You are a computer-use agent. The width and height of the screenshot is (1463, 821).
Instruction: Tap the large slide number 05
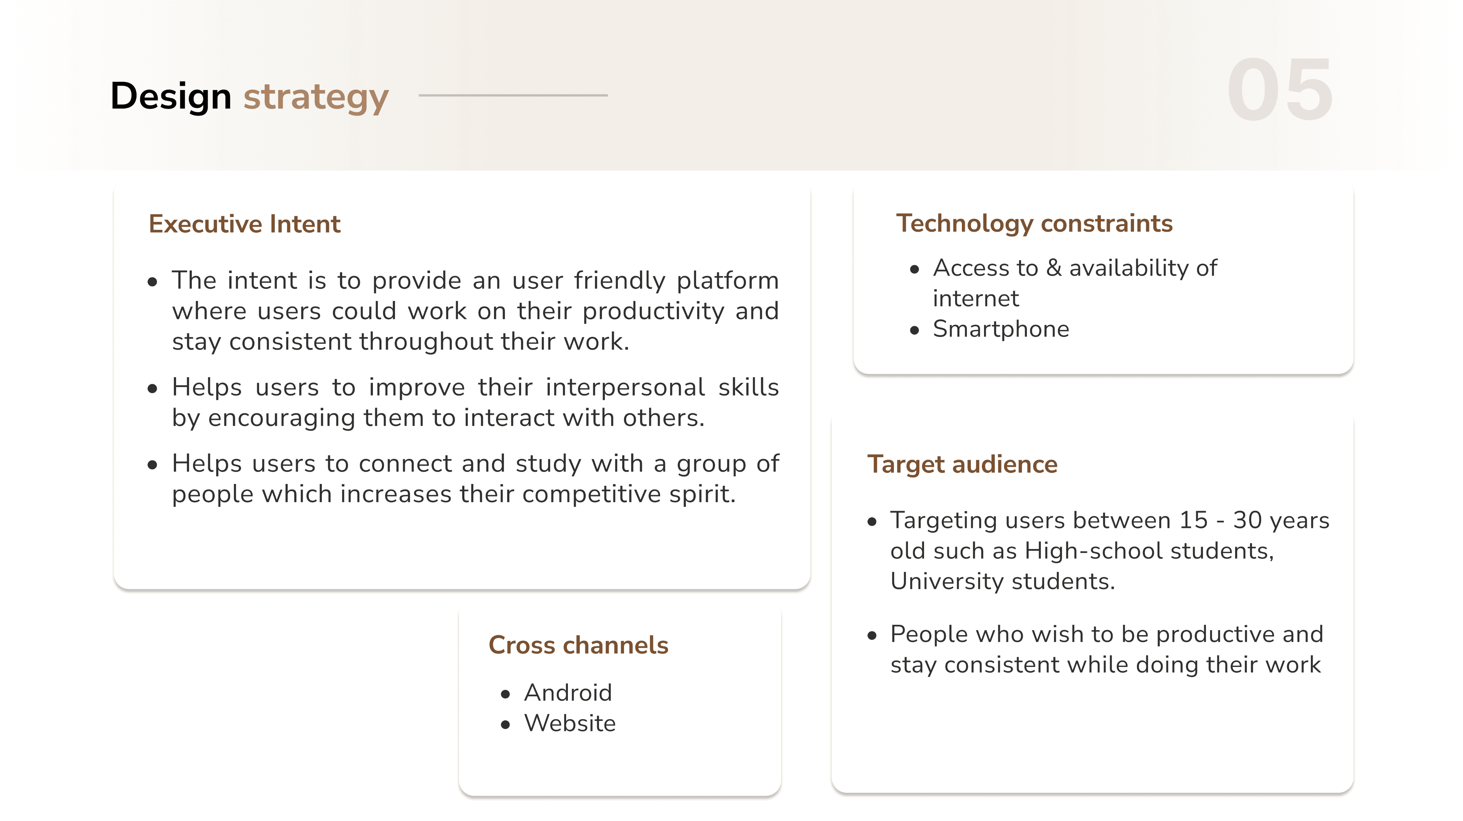tap(1279, 90)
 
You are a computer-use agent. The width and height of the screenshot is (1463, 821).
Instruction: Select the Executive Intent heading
tap(245, 224)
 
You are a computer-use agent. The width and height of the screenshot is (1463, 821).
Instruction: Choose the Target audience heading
tap(963, 465)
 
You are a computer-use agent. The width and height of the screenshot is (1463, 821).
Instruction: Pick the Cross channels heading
tap(579, 645)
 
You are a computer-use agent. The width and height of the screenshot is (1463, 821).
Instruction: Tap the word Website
tap(570, 723)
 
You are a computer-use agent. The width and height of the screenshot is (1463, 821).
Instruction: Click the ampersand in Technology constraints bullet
tap(1054, 268)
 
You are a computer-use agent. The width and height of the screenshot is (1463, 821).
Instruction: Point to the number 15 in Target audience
tap(1194, 520)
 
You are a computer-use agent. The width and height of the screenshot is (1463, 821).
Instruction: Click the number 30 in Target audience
tap(1247, 520)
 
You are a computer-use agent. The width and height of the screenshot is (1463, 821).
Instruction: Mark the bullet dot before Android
tap(505, 694)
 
